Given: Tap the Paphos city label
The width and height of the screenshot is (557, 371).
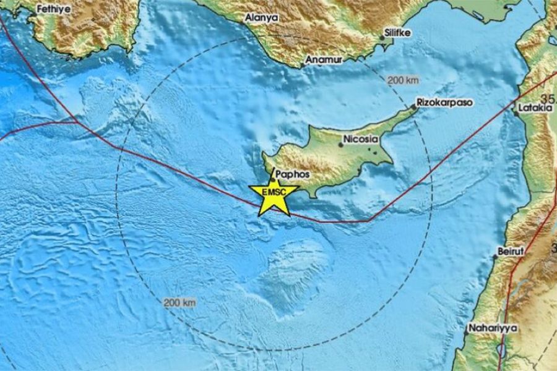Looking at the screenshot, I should click(288, 176).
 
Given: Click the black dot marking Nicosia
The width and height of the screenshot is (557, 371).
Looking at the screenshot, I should click(340, 146).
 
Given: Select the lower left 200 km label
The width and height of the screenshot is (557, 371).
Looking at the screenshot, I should click(180, 302).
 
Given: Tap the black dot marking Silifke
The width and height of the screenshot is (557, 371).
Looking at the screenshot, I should click(382, 38).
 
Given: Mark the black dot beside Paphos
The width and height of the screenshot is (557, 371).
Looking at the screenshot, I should click(272, 180).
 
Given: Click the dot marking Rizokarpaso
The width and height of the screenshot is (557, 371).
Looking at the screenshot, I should click(415, 108).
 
